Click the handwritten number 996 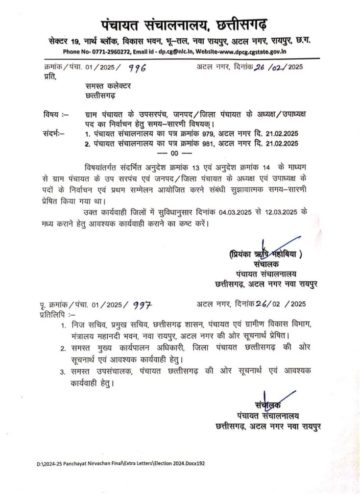[137, 69]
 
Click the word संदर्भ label [52, 133]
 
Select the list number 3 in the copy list [63, 372]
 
